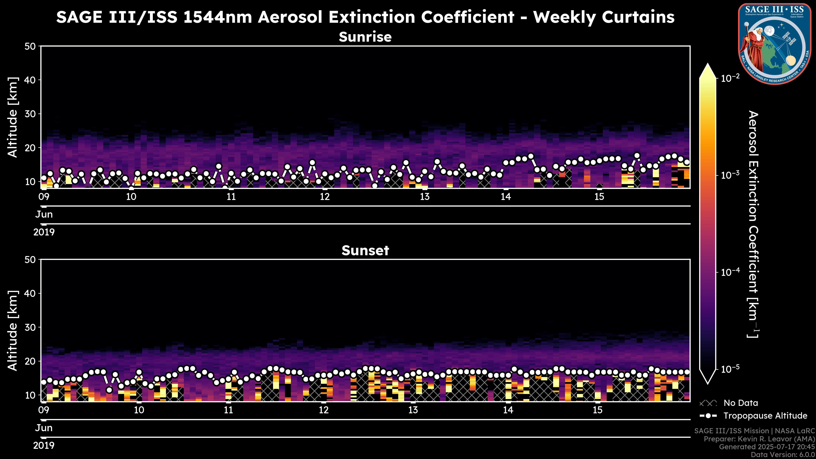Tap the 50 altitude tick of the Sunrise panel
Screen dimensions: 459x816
(x=31, y=47)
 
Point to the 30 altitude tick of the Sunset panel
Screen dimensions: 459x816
(x=31, y=327)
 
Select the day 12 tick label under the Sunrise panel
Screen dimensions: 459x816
(x=325, y=197)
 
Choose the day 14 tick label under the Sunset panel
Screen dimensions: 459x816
(x=508, y=410)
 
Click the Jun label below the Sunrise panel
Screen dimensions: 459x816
(x=44, y=214)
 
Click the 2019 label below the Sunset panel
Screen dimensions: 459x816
(x=44, y=446)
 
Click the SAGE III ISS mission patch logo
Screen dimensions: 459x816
(x=775, y=44)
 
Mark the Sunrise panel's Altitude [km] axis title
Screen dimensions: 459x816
(x=13, y=117)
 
